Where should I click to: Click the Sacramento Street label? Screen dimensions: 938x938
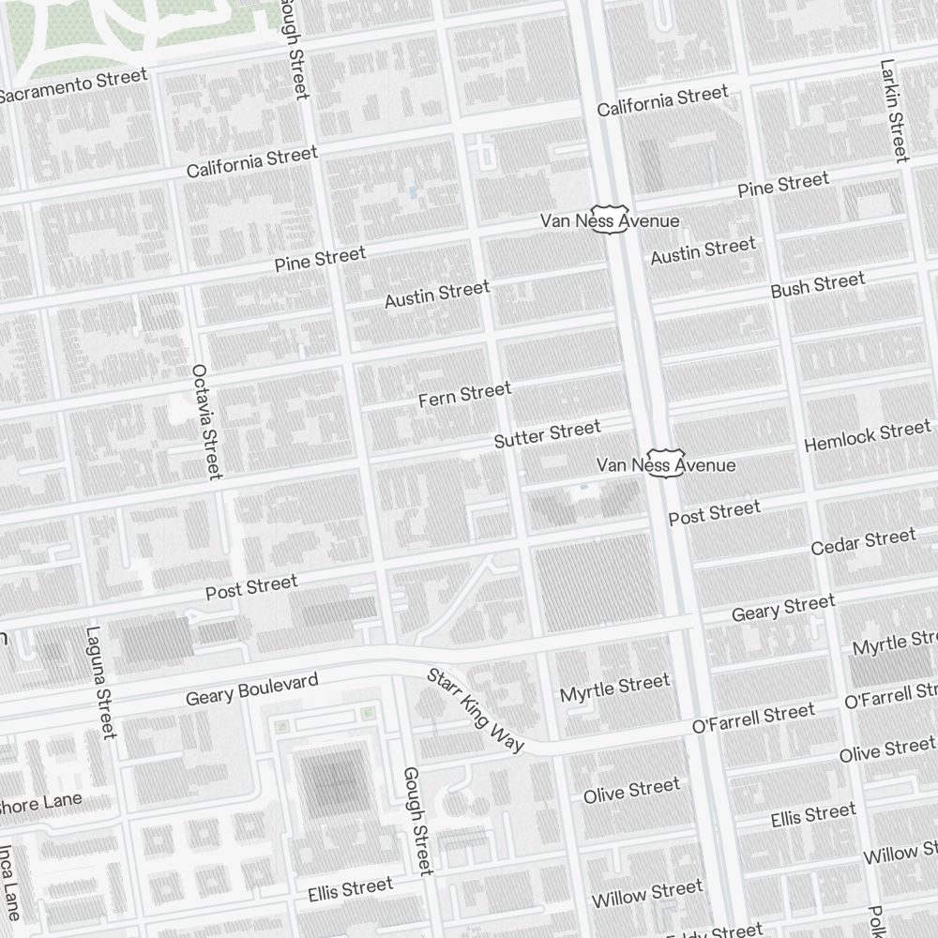(73, 85)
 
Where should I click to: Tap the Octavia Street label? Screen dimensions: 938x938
(206, 421)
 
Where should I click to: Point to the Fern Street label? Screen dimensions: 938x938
(464, 395)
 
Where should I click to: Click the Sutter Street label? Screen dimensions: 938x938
(547, 434)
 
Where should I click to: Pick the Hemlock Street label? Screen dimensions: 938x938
(867, 435)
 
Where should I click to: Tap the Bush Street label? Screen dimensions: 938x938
(817, 285)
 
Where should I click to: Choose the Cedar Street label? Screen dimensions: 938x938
(863, 542)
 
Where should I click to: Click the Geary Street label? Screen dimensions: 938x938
(782, 608)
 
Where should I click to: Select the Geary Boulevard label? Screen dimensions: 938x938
(251, 689)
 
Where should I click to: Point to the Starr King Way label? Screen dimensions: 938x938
(475, 710)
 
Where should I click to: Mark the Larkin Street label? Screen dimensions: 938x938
(894, 110)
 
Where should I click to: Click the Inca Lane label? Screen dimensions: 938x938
(9, 882)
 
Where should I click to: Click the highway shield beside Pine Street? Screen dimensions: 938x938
(609, 219)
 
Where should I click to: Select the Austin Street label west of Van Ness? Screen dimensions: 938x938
(437, 294)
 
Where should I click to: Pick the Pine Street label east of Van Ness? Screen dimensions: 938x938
(782, 185)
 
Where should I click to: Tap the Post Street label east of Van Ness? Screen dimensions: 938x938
(714, 513)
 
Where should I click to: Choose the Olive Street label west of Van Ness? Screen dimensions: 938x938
(631, 791)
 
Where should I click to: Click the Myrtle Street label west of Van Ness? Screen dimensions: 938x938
(614, 688)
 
